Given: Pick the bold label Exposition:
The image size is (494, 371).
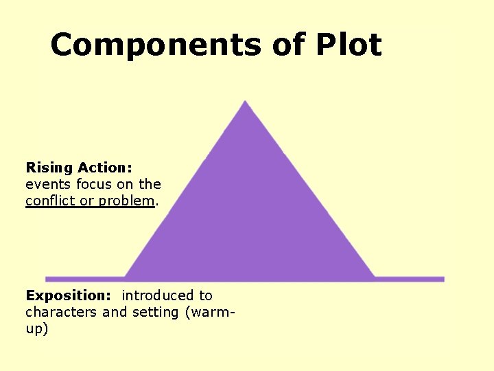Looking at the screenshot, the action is pyautogui.click(x=68, y=295).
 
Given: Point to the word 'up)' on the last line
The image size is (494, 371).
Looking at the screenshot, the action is pyautogui.click(x=37, y=329).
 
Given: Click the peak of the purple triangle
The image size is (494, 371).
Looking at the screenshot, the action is pyautogui.click(x=246, y=104).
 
